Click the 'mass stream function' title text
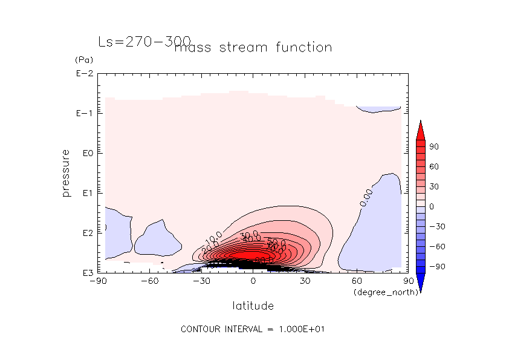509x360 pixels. click(253, 48)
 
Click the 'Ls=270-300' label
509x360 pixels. click(144, 42)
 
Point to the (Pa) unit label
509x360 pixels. click(83, 60)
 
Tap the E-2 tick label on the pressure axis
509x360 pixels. click(84, 74)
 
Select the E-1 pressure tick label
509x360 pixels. click(84, 114)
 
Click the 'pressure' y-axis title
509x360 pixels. click(66, 173)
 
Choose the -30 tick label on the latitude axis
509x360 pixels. click(201, 281)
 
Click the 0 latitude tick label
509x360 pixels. click(253, 281)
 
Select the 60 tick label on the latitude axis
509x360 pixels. click(357, 281)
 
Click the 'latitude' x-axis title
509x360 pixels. click(253, 306)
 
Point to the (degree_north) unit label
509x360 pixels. click(379, 293)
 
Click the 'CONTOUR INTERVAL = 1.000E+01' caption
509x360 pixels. click(254, 330)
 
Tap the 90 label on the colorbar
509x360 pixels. click(434, 147)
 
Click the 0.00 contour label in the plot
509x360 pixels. click(366, 197)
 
